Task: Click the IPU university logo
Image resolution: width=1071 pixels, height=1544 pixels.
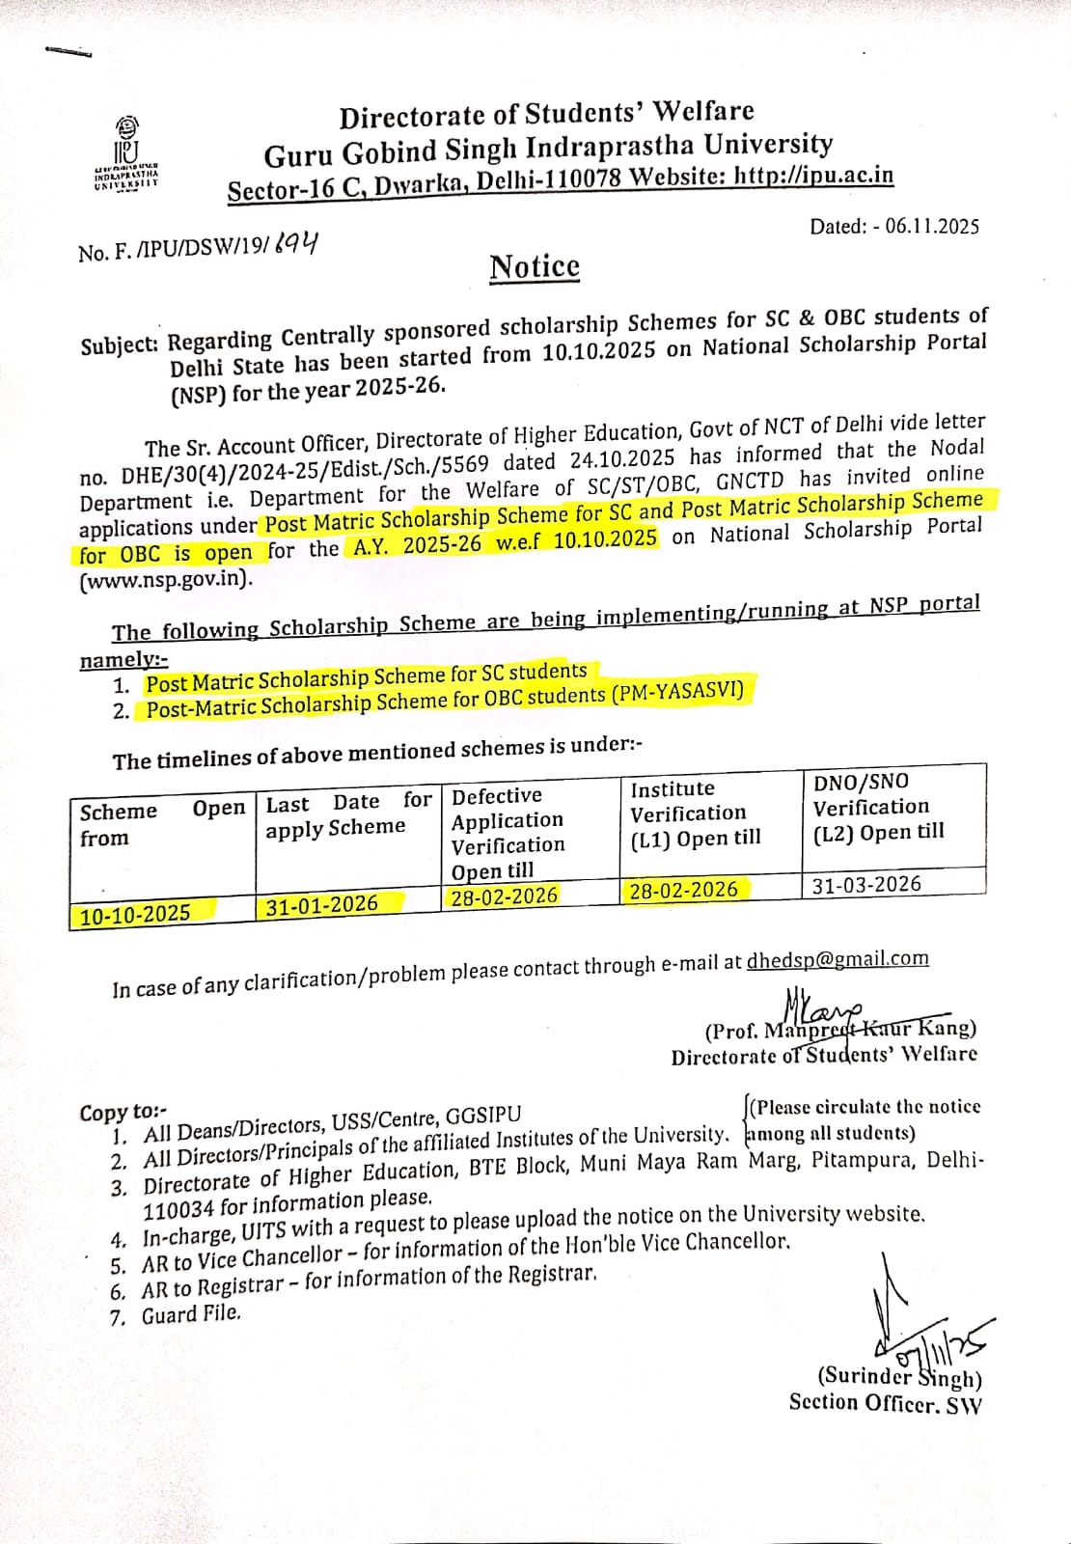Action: tap(126, 152)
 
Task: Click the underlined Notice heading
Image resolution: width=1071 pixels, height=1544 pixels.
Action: tap(535, 266)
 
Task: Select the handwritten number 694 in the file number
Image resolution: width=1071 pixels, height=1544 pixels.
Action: tap(295, 245)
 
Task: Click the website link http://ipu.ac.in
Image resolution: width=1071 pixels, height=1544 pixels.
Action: tap(813, 176)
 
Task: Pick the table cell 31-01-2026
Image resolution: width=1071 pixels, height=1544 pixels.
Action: tap(322, 904)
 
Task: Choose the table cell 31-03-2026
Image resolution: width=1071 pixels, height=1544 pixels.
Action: tap(866, 884)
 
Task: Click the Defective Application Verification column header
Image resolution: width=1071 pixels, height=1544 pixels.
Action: tap(508, 833)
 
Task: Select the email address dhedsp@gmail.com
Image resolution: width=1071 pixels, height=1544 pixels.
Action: tap(837, 959)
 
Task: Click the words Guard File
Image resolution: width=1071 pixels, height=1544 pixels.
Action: tap(191, 1314)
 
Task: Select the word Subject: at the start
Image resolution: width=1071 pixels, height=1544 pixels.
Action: tap(119, 345)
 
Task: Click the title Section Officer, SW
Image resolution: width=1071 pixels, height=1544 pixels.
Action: tap(884, 1403)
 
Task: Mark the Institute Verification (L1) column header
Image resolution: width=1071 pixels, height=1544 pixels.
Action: tap(695, 813)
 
